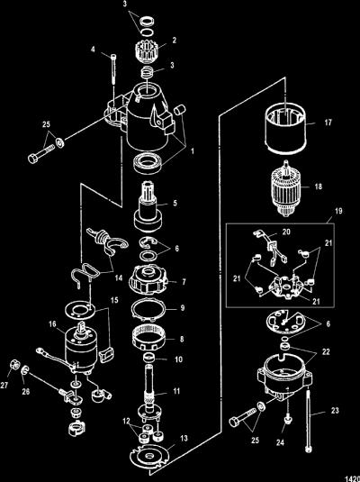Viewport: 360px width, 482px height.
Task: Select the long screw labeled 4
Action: click(114, 68)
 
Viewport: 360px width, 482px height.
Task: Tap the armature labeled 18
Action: click(286, 187)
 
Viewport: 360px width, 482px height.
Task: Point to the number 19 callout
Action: click(338, 212)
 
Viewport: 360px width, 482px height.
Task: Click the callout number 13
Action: click(184, 439)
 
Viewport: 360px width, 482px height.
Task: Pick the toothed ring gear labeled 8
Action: click(149, 338)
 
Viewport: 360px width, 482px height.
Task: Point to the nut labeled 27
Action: click(14, 365)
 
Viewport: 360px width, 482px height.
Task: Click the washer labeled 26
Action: click(25, 370)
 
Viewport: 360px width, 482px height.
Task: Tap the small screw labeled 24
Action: click(288, 419)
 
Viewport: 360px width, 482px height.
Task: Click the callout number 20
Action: click(286, 232)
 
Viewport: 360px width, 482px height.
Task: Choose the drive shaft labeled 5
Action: click(148, 207)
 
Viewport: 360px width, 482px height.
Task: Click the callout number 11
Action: click(176, 391)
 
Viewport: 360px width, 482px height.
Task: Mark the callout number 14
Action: click(119, 277)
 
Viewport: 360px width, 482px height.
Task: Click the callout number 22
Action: click(326, 351)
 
